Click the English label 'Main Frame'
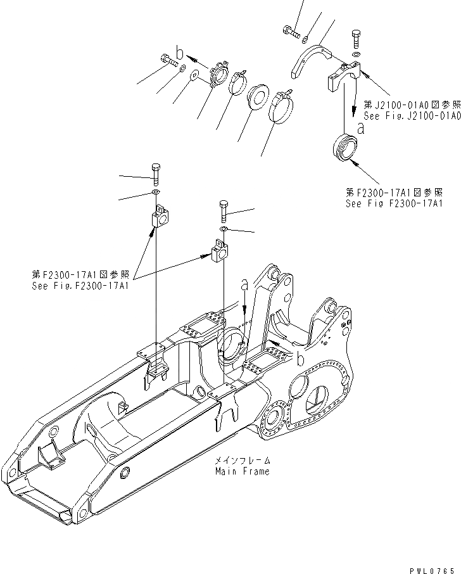point(242,471)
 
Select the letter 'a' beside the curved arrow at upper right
point(361,128)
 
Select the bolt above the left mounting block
point(156,172)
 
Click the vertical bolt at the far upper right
point(355,39)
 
